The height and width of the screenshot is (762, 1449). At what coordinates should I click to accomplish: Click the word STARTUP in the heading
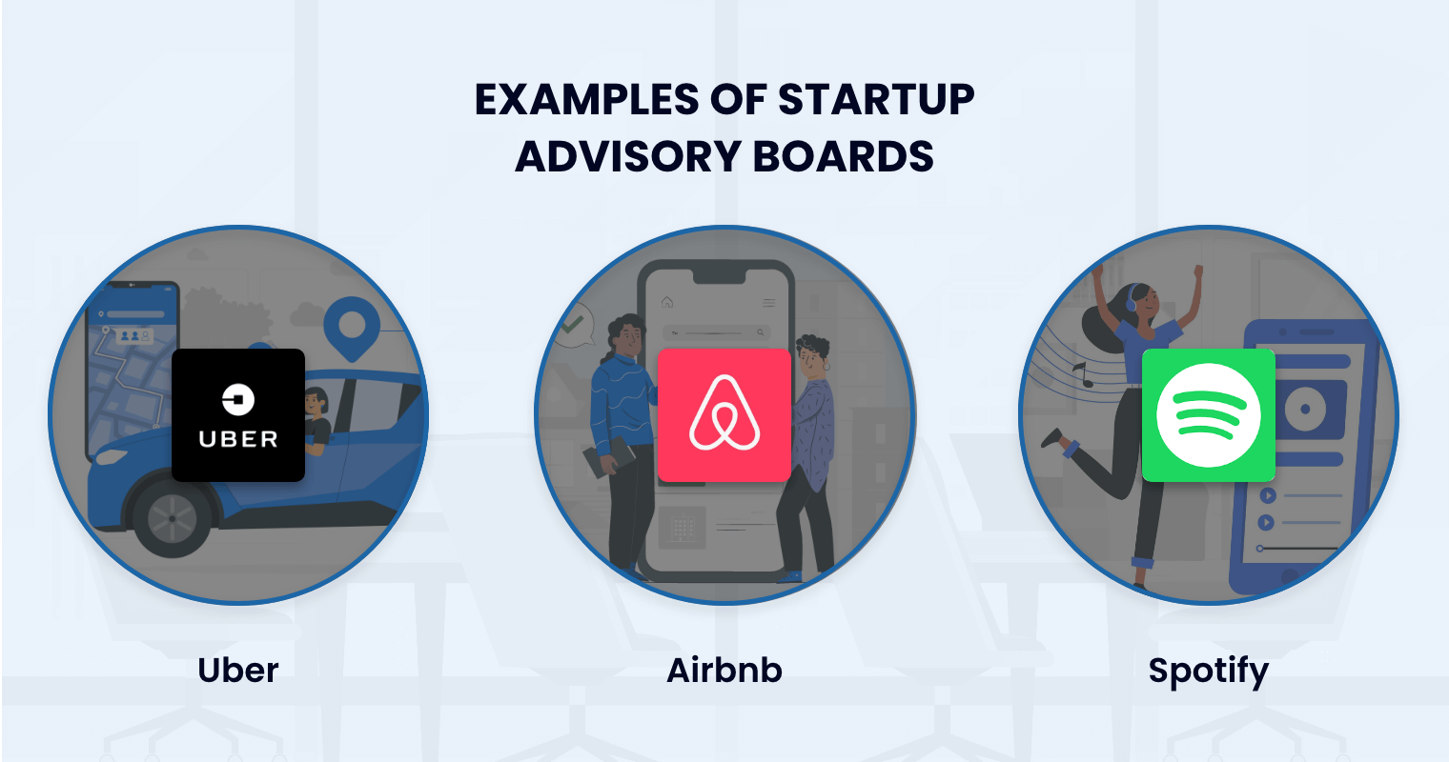(x=876, y=100)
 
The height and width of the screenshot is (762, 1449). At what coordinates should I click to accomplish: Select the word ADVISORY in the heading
(x=629, y=156)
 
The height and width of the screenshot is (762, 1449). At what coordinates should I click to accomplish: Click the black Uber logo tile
(x=238, y=414)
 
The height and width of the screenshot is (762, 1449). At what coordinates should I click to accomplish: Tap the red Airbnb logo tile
(x=724, y=414)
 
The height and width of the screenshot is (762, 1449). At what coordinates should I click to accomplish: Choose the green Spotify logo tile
(x=1208, y=414)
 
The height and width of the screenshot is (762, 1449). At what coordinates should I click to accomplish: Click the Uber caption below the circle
(x=238, y=670)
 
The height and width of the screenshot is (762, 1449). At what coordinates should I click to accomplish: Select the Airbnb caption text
(x=724, y=670)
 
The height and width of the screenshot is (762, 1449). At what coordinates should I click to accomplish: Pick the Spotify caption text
(x=1208, y=672)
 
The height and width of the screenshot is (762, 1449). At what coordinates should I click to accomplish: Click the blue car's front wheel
(x=173, y=519)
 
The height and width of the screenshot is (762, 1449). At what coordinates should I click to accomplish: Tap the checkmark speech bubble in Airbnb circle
(x=573, y=325)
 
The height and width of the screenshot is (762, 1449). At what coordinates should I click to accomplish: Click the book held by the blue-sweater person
(x=607, y=457)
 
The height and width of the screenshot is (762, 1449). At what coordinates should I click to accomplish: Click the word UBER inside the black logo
(x=238, y=440)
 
